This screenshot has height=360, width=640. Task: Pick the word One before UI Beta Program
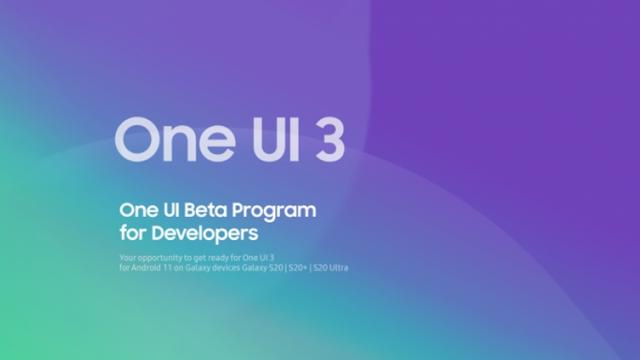pyautogui.click(x=136, y=211)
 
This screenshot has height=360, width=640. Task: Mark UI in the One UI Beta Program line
pyautogui.click(x=168, y=211)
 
